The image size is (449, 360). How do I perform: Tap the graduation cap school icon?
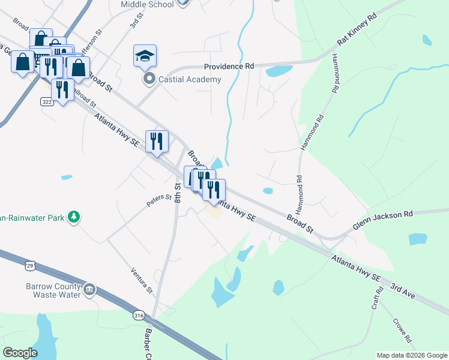pyautogui.click(x=145, y=56)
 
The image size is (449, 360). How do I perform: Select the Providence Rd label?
pyautogui.click(x=229, y=67)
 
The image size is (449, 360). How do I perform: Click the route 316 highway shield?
pyautogui.click(x=139, y=316)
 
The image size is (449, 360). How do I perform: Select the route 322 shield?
pyautogui.click(x=47, y=103)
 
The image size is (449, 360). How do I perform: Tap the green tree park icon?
pyautogui.click(x=74, y=216)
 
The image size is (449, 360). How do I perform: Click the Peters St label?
pyautogui.click(x=160, y=200)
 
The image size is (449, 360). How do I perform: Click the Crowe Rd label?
pyautogui.click(x=402, y=331)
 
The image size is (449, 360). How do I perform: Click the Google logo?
pyautogui.click(x=20, y=353)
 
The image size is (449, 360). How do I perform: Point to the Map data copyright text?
pyautogui.click(x=411, y=355)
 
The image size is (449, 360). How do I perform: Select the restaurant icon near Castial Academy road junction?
pyautogui.click(x=157, y=142)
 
